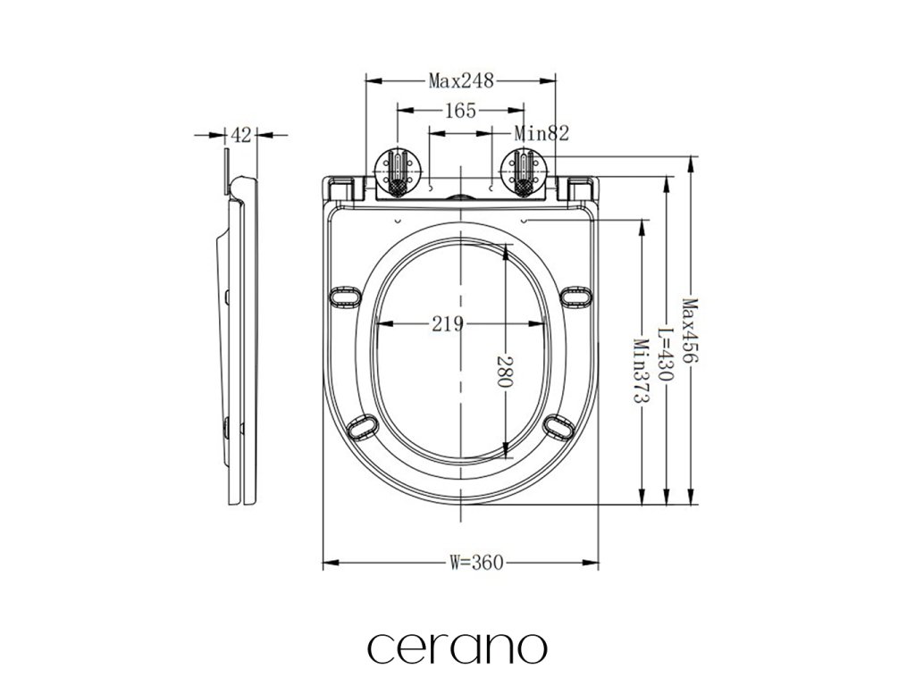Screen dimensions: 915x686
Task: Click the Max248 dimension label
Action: point(461,80)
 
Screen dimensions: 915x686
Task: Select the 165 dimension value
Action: point(460,110)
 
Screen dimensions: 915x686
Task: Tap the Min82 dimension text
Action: point(541,134)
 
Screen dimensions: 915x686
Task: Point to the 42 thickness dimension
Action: point(241,136)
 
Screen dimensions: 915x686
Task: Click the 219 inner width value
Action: point(448,323)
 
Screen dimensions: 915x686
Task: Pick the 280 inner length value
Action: point(505,372)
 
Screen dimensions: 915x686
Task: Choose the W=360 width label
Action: point(476,563)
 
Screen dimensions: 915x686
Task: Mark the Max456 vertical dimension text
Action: point(691,330)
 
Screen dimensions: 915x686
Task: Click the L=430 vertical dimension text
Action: point(666,354)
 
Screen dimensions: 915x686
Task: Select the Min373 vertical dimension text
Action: point(642,371)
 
